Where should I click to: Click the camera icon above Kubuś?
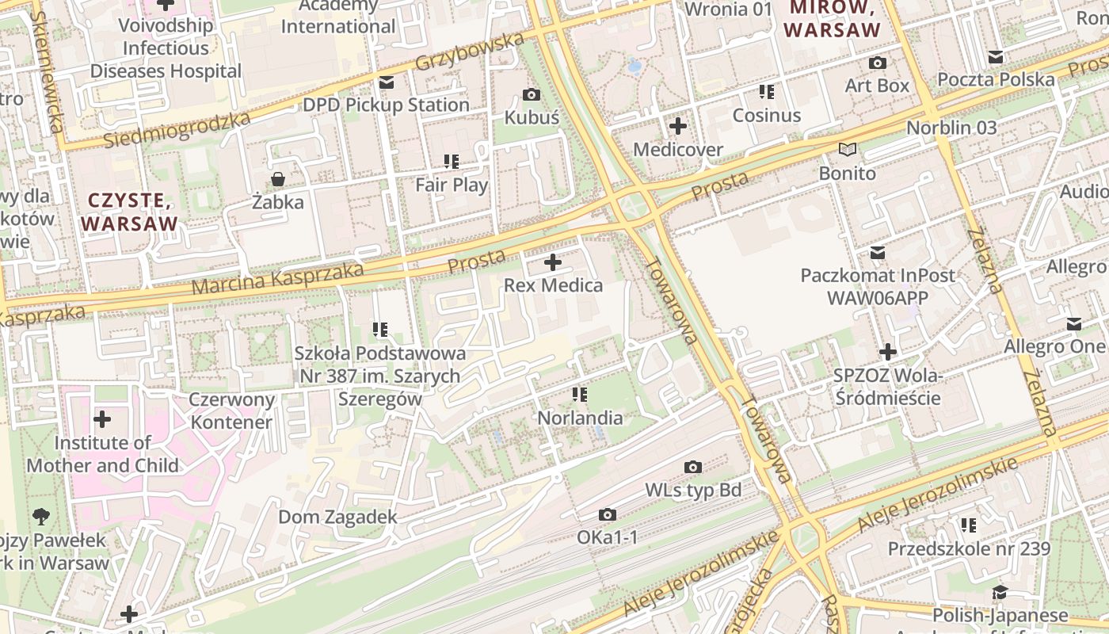(532, 95)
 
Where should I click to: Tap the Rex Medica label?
(553, 285)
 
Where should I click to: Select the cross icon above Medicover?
(678, 126)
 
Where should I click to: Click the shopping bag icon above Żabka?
(278, 179)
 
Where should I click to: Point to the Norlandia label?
(580, 418)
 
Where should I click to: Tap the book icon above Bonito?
(848, 149)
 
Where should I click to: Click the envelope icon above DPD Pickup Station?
(387, 82)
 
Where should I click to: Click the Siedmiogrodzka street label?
(177, 129)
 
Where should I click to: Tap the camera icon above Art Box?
(878, 63)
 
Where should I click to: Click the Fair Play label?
(452, 185)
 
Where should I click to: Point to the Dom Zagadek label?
(337, 518)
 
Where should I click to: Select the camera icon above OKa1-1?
(608, 515)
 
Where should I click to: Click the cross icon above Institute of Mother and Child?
(102, 419)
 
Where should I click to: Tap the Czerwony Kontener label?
(232, 411)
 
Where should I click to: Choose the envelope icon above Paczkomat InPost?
(878, 253)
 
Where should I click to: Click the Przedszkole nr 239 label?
(969, 548)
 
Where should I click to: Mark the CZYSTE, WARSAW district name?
(130, 212)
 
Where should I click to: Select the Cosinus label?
(766, 115)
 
